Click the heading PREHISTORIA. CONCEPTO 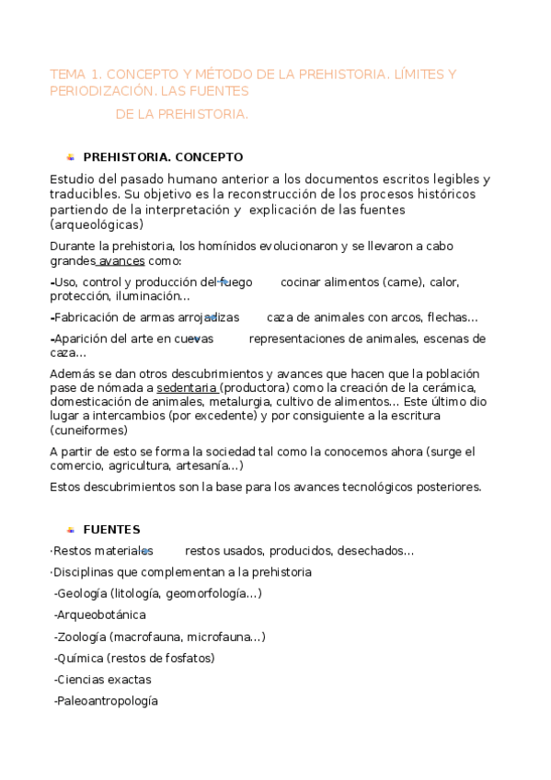point(163,157)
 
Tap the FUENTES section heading point(111,530)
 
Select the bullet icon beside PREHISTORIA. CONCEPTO point(70,157)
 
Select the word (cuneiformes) point(90,430)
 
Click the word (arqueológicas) point(97,224)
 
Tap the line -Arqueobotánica point(100,614)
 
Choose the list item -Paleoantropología point(106,701)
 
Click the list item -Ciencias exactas point(103,680)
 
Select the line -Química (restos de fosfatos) point(134,658)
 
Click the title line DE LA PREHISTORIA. point(182,115)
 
